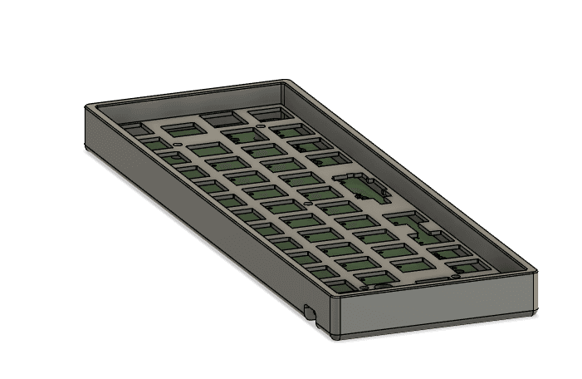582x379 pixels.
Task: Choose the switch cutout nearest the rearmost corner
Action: (x=262, y=113)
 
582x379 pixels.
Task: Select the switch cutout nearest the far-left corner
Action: (x=131, y=129)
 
